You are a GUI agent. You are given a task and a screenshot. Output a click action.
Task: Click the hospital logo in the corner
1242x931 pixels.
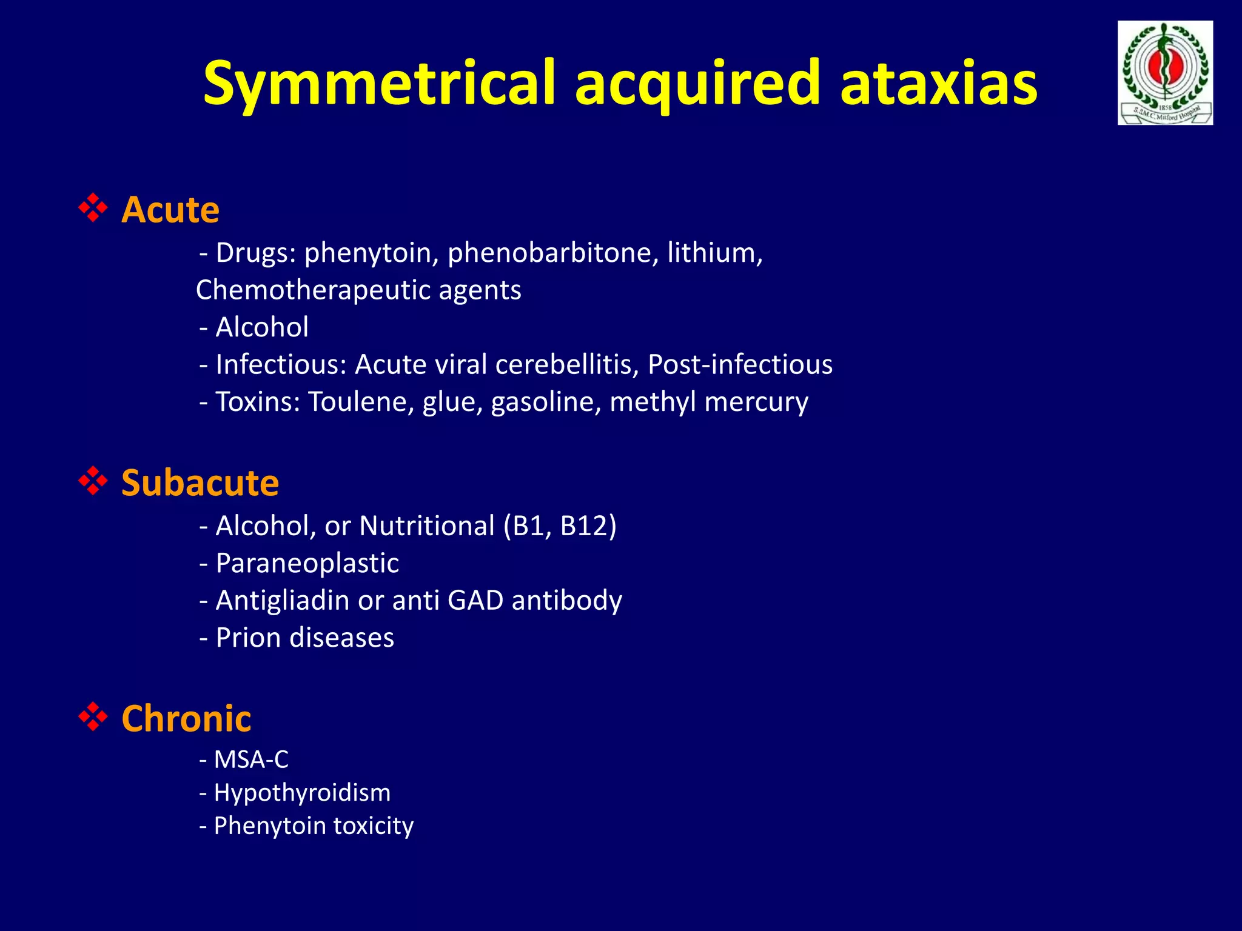click(1165, 73)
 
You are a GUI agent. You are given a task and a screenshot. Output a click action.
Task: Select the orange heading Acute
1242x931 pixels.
click(170, 210)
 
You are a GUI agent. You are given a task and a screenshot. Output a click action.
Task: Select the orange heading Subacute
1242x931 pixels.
click(200, 483)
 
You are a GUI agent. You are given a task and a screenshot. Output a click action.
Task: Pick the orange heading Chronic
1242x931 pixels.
click(186, 719)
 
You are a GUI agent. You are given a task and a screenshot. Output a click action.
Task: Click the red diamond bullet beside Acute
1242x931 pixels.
click(93, 208)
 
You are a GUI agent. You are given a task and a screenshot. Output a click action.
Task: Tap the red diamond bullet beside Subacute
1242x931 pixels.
click(93, 481)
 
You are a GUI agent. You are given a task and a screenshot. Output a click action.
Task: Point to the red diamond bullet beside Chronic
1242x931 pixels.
click(93, 716)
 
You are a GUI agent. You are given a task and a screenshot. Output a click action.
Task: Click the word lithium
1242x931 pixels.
click(714, 253)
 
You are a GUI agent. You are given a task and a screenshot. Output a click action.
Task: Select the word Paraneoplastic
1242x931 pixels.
click(307, 563)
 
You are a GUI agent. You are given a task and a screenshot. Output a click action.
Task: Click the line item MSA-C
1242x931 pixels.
click(251, 759)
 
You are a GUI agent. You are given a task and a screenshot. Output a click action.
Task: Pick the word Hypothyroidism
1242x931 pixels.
click(302, 793)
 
